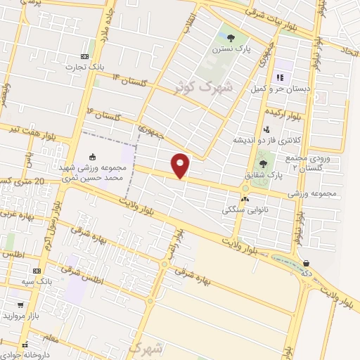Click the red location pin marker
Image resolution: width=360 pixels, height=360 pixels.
181,165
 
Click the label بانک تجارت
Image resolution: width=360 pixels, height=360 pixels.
81,67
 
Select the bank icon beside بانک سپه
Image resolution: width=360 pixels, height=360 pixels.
36,269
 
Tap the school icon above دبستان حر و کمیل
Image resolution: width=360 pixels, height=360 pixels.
281,77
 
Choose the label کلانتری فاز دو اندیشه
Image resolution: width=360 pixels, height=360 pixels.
268,141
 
